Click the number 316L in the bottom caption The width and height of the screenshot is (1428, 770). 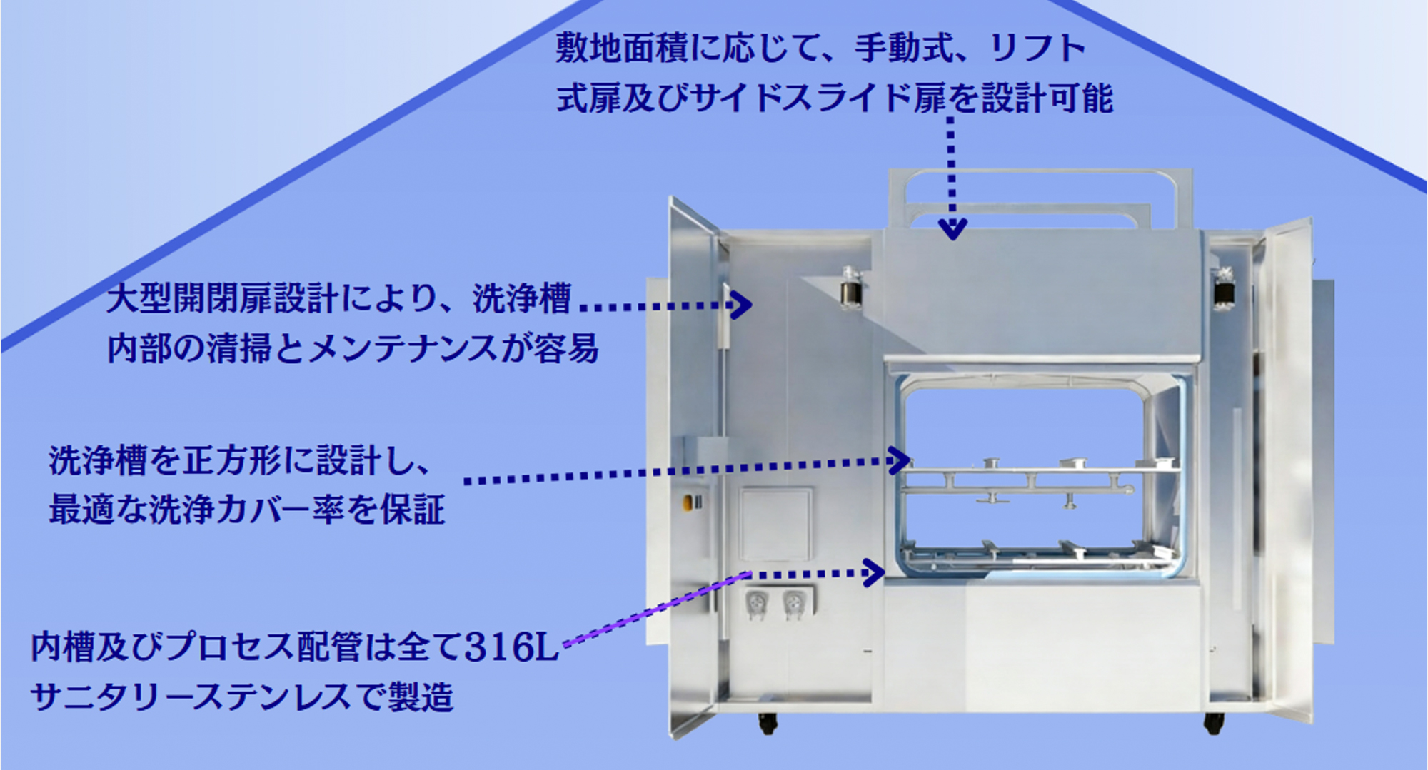tap(511, 647)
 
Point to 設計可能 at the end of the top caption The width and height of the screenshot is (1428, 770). tap(1047, 98)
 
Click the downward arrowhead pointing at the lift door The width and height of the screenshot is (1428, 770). tap(952, 228)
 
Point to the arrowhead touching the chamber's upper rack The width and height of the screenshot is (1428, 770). tap(898, 460)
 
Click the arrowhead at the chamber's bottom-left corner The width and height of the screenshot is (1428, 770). tap(874, 572)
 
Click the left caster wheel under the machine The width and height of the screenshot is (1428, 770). tap(768, 723)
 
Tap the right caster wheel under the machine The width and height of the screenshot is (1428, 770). tap(1213, 723)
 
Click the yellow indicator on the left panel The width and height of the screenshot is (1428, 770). tap(687, 502)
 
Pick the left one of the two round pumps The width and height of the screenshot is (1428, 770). tap(755, 604)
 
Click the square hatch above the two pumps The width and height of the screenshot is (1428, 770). tap(775, 524)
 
